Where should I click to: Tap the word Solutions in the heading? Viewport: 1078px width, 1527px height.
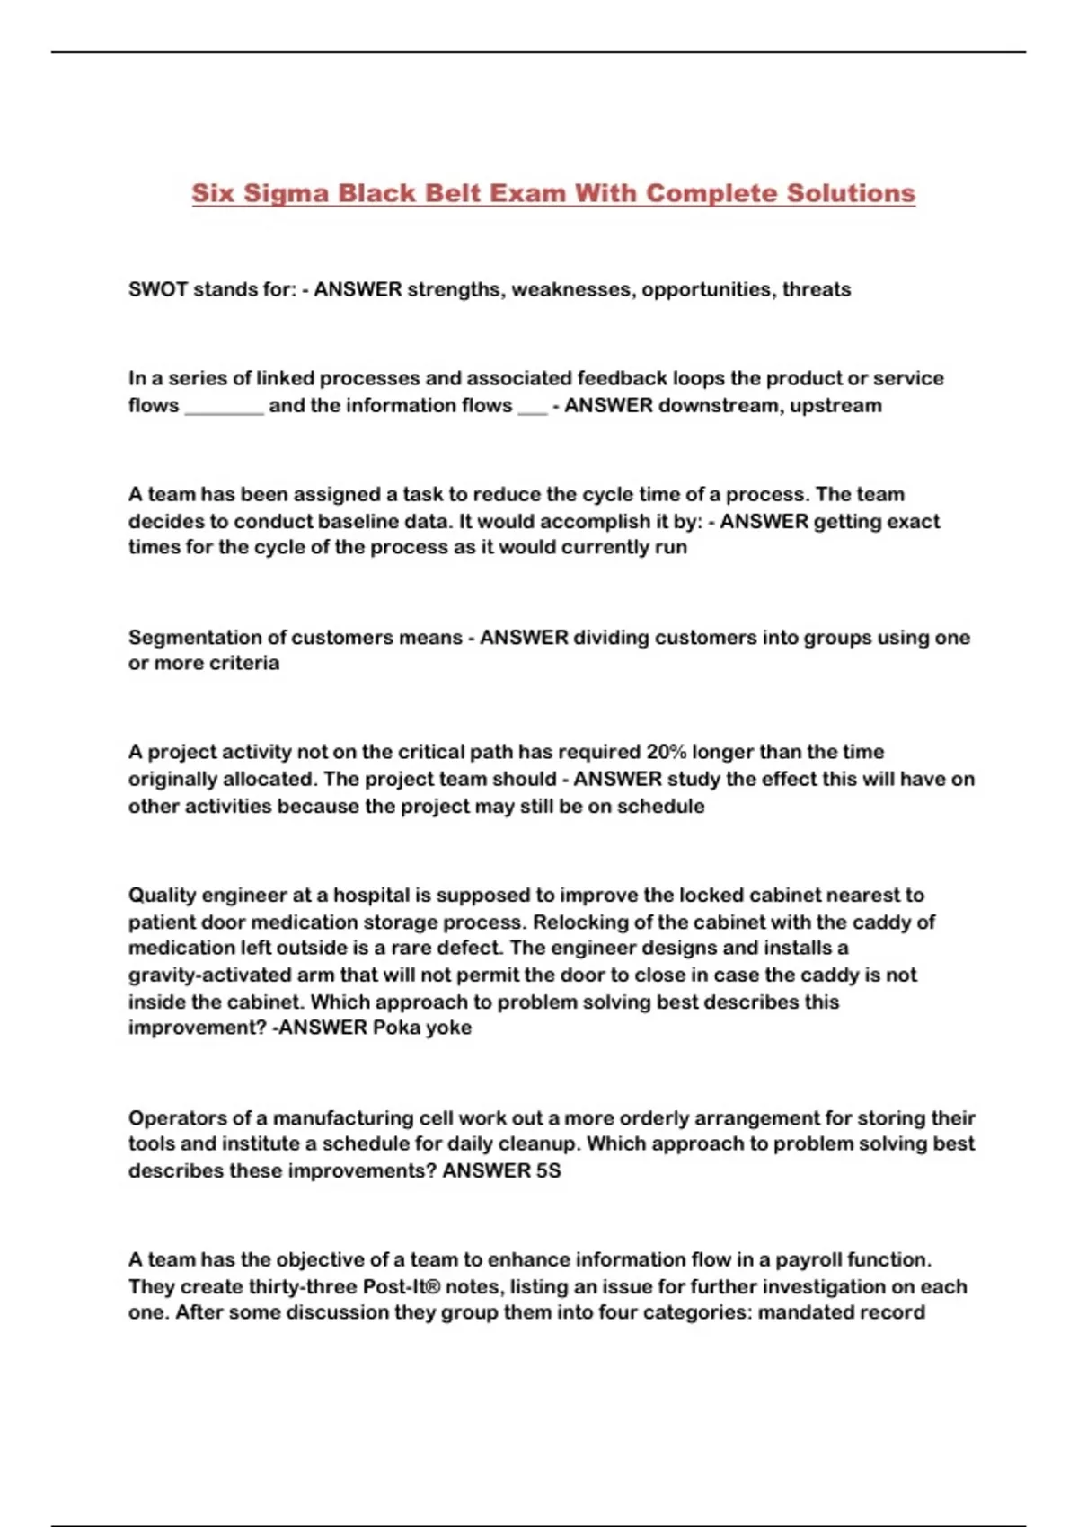tap(851, 194)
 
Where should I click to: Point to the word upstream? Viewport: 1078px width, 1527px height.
tap(835, 406)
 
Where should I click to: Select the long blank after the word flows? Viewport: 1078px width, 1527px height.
tap(224, 408)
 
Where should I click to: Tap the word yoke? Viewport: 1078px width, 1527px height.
tap(448, 1028)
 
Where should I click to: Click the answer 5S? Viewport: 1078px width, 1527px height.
tap(548, 1170)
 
